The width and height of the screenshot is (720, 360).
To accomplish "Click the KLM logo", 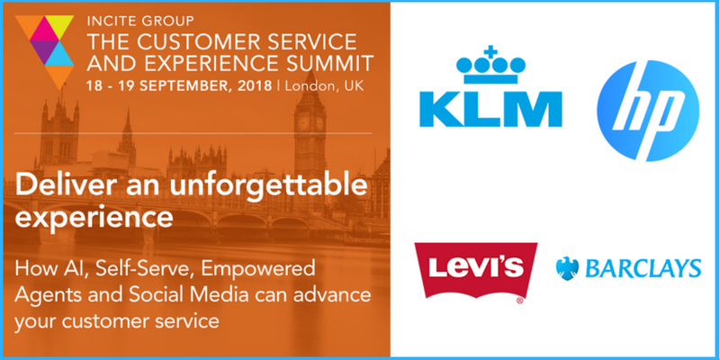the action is click(x=490, y=86).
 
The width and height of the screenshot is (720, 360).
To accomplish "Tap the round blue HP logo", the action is click(x=648, y=110).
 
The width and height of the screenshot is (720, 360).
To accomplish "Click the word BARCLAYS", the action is click(x=643, y=268).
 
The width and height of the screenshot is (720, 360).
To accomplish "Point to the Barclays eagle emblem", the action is click(x=567, y=268).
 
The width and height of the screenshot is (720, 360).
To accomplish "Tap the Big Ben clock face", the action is click(x=303, y=122).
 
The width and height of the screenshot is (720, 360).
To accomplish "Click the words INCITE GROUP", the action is click(x=140, y=21).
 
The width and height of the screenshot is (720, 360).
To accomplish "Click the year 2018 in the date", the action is click(x=255, y=86).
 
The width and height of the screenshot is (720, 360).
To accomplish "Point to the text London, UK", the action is click(x=325, y=86).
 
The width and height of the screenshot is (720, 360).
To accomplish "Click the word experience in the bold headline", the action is click(x=94, y=220).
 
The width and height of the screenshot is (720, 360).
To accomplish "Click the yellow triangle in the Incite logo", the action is click(x=59, y=24).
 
